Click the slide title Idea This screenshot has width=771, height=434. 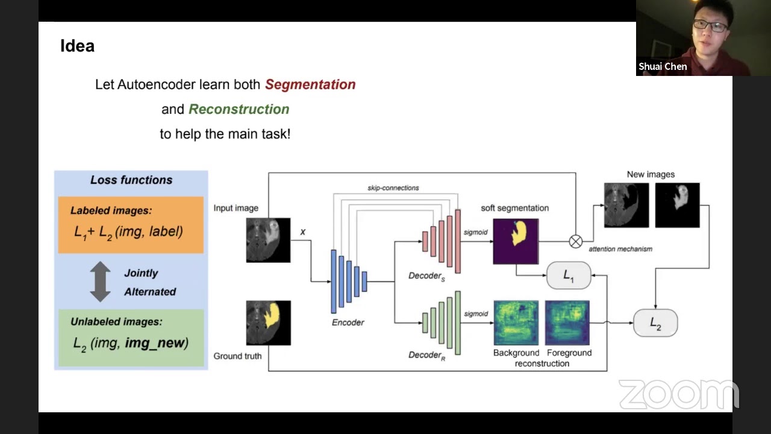click(77, 46)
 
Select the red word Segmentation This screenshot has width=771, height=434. click(310, 84)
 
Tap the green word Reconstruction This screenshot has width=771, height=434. click(239, 109)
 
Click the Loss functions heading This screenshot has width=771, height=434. click(131, 180)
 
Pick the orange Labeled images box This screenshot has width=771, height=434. click(131, 225)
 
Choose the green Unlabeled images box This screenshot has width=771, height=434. click(131, 338)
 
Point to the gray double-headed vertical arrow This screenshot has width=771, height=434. click(100, 281)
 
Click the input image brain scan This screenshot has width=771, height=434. click(268, 240)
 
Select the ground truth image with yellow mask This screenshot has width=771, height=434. click(268, 323)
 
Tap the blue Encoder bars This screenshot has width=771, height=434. click(348, 281)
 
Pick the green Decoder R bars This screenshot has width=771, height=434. click(442, 323)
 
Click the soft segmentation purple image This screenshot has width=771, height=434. click(516, 241)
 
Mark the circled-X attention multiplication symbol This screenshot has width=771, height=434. click(576, 242)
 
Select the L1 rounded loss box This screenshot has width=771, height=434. click(569, 275)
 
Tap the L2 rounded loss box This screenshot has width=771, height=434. click(655, 324)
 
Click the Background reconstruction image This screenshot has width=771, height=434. click(516, 323)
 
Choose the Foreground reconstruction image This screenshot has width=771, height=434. click(567, 323)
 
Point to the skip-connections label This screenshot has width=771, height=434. click(393, 188)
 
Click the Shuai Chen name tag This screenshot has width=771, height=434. click(663, 67)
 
